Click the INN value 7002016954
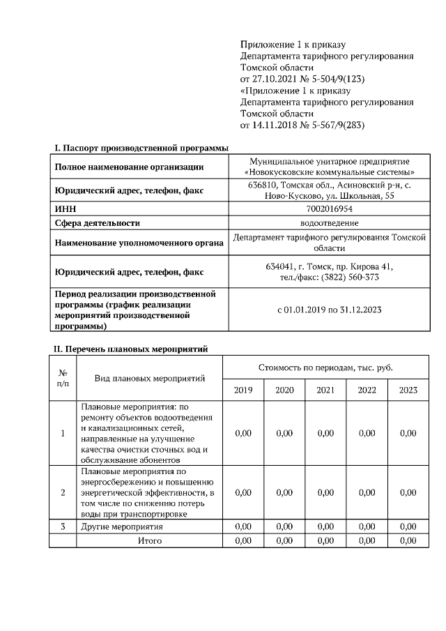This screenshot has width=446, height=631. [329, 209]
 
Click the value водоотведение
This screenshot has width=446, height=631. [329, 223]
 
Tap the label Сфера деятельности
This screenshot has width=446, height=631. [98, 223]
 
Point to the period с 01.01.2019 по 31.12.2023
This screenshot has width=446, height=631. [329, 309]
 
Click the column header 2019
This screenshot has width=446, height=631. [243, 390]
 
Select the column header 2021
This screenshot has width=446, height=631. [325, 390]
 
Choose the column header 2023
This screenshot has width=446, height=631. [408, 390]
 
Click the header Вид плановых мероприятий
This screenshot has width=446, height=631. [149, 379]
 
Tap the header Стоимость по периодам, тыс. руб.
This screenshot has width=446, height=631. [325, 367]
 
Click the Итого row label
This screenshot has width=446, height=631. [149, 540]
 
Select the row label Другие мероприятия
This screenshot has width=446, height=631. [122, 527]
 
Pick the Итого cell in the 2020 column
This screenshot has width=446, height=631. [284, 540]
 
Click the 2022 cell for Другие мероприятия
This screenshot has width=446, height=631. [367, 527]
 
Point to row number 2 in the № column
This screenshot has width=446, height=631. [63, 493]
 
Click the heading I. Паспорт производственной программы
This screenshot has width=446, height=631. [141, 148]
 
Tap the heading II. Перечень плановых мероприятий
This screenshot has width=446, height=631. [131, 349]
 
